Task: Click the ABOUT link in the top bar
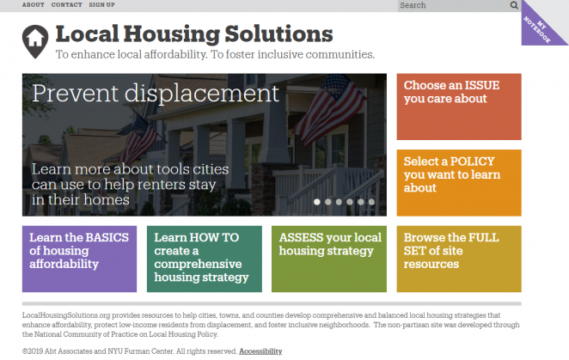coord(33,4)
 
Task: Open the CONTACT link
coord(66,4)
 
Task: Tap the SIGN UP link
coord(101,4)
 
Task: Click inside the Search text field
coord(453,5)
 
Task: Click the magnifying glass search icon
coord(514,5)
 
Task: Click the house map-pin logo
coord(35,41)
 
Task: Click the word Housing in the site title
coord(172,34)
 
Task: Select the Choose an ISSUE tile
coord(459,107)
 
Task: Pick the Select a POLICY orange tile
coord(459,183)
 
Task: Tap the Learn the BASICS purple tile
coord(79,259)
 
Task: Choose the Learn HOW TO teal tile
coord(205,259)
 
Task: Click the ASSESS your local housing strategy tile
coord(329,259)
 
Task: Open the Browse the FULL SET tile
coord(459,259)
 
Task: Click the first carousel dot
coord(317,202)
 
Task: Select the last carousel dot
coord(371,202)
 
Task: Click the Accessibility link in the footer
coord(260,351)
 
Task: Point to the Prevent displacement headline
coord(156,94)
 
